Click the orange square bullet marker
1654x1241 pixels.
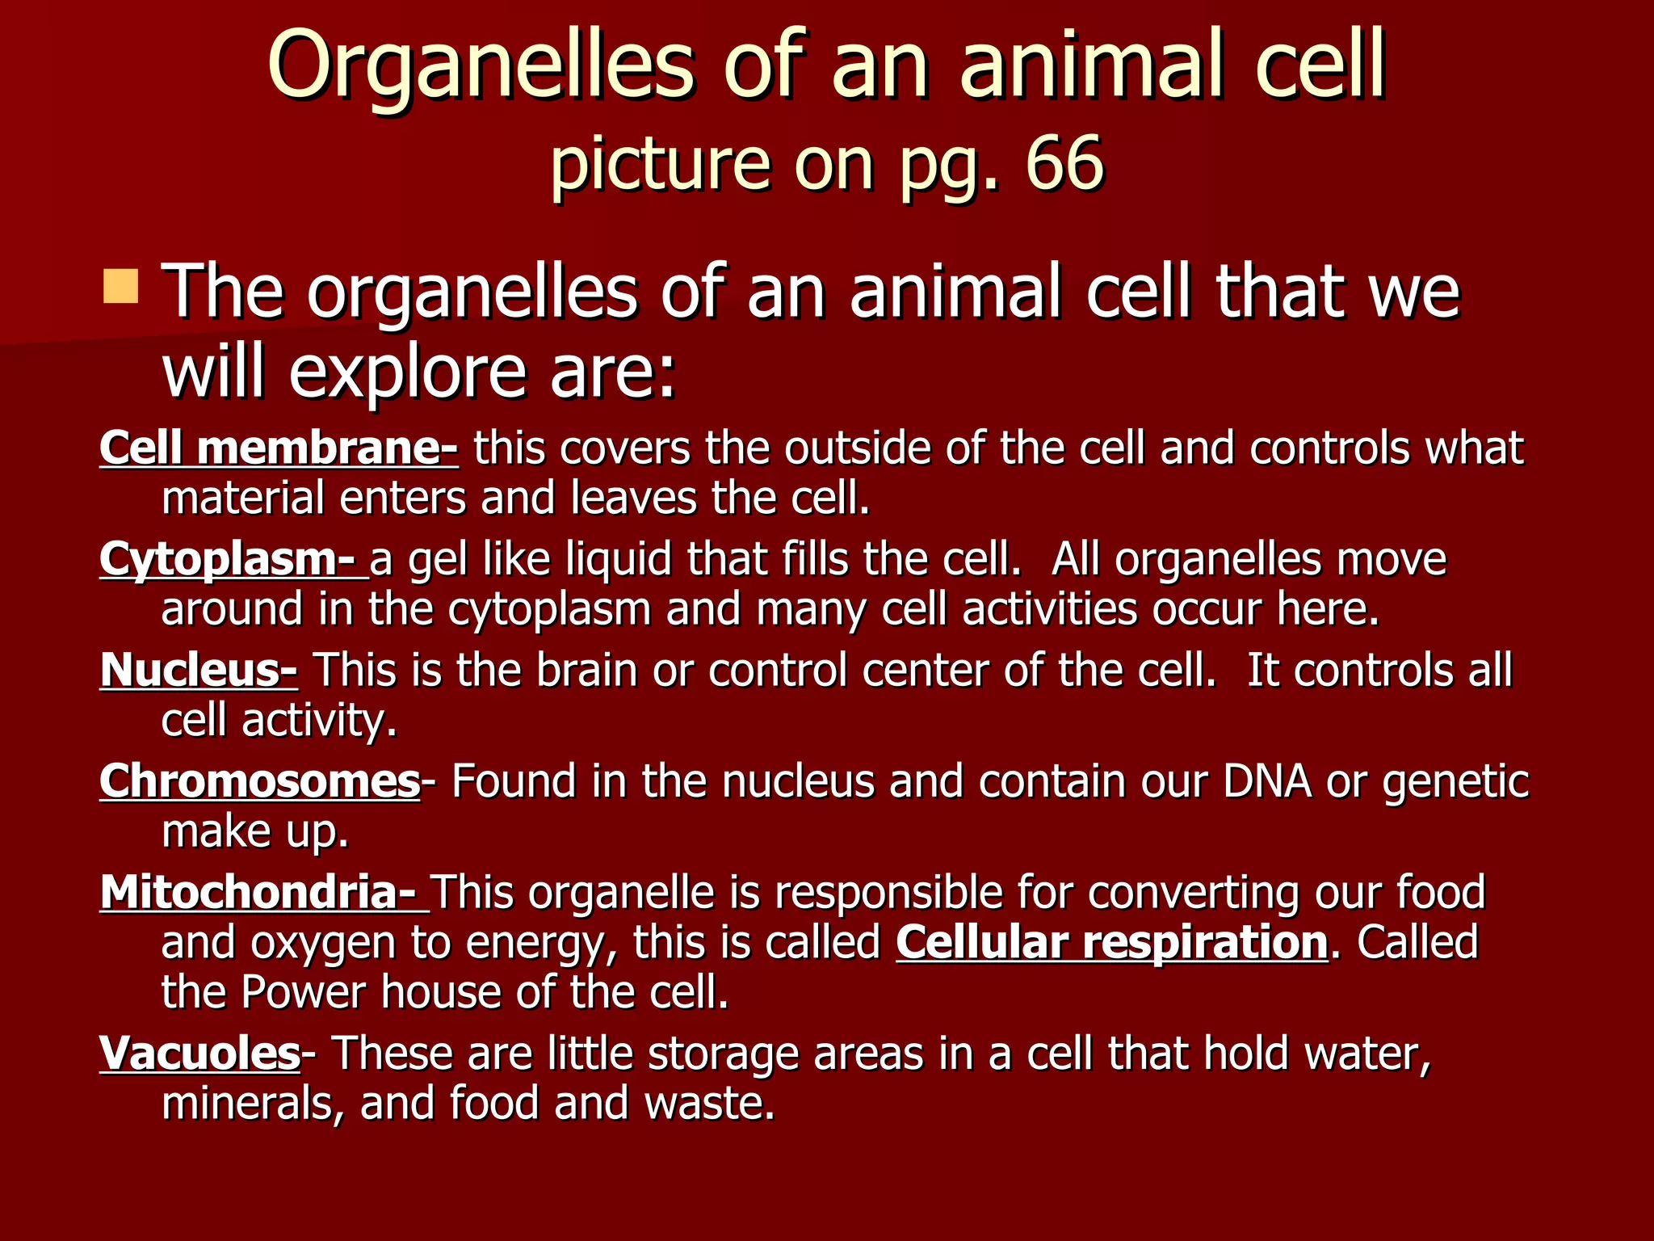(121, 288)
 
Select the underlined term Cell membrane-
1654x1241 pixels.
(279, 448)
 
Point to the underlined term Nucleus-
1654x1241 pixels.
(199, 670)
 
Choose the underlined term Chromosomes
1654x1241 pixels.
(259, 781)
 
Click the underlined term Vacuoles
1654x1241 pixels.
(199, 1053)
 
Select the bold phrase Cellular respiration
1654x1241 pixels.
(1111, 942)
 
